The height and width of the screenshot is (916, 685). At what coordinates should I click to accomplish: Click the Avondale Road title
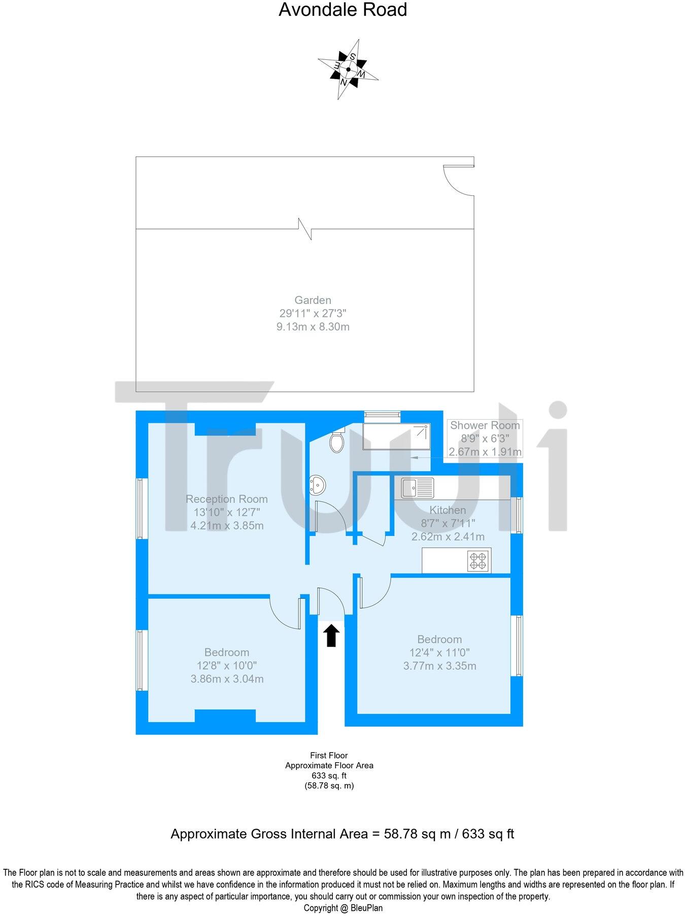click(x=342, y=10)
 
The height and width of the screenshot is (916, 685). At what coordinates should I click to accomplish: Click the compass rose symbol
click(x=348, y=69)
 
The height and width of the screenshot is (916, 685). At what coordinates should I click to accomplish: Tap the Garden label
click(x=313, y=300)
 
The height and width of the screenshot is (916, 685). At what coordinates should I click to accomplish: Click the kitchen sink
click(x=417, y=488)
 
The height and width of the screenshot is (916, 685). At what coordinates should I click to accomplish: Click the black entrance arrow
click(x=331, y=635)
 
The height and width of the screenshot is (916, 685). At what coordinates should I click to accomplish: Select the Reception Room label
click(x=226, y=499)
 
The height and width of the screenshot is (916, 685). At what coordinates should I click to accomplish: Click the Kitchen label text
click(x=448, y=510)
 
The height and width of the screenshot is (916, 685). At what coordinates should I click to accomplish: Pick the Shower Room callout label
click(x=485, y=425)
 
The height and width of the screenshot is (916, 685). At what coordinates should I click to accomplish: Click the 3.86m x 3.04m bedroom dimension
click(x=227, y=679)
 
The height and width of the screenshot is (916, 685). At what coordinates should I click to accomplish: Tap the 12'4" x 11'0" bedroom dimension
click(x=439, y=653)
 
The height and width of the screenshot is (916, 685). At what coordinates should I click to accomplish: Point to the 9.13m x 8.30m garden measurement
click(x=313, y=327)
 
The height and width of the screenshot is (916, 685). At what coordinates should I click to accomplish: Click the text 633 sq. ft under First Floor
click(x=329, y=775)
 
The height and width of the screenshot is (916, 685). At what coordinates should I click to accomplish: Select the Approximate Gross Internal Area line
click(x=342, y=834)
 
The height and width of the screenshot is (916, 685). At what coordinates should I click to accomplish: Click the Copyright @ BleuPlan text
click(x=343, y=908)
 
